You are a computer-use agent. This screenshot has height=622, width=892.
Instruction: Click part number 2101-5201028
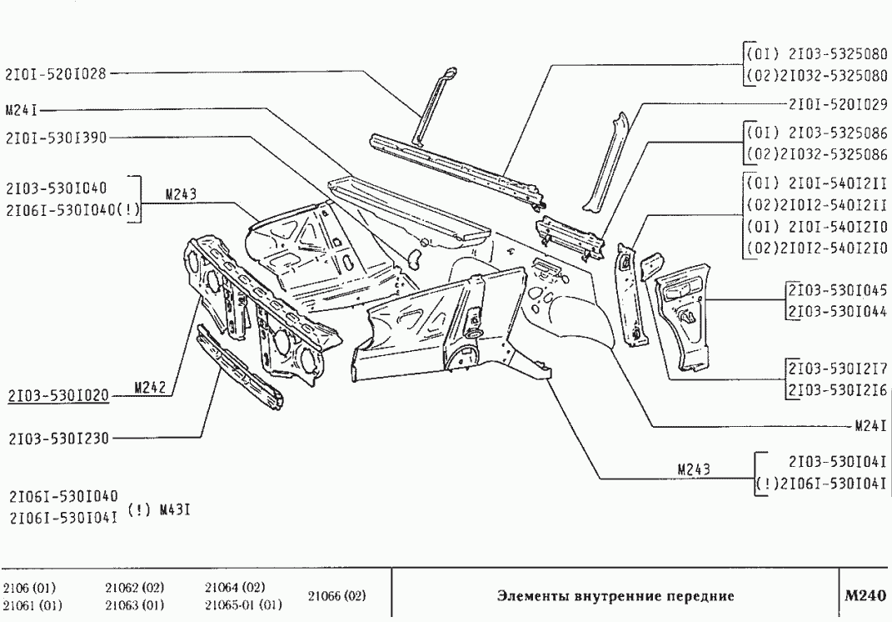point(56,73)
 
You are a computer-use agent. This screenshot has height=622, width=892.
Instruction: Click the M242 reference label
point(152,387)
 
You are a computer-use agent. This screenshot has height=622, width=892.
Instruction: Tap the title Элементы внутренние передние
point(615,596)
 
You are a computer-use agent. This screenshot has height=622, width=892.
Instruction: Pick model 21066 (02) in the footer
point(336,596)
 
